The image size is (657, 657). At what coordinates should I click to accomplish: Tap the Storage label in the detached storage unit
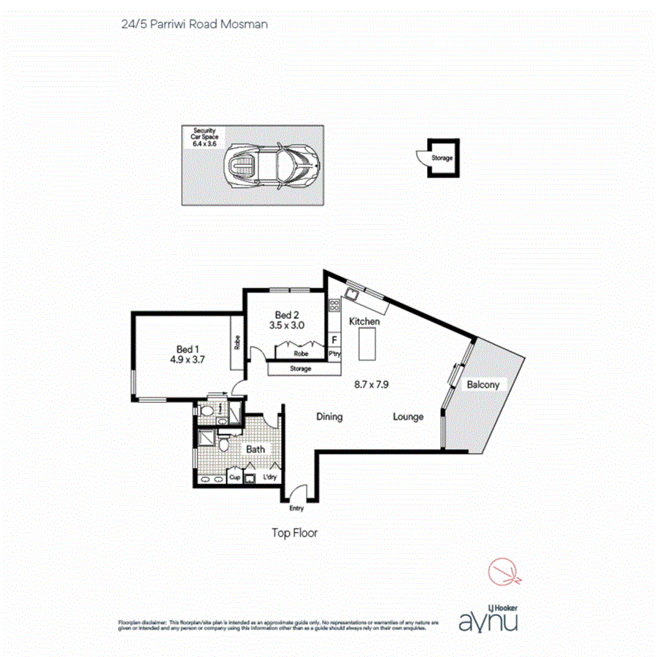click(x=442, y=158)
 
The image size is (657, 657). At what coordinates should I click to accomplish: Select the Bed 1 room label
click(x=188, y=349)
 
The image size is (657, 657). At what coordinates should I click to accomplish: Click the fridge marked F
click(x=335, y=339)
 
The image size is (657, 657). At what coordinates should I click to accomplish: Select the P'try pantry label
click(x=335, y=353)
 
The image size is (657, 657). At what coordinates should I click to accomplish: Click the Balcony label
click(x=483, y=385)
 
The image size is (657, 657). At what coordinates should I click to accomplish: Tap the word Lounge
click(x=408, y=417)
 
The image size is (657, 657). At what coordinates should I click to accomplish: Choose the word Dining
click(x=329, y=417)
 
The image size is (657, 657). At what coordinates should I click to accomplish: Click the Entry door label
click(x=296, y=509)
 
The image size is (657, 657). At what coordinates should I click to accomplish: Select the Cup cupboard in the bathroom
click(x=235, y=477)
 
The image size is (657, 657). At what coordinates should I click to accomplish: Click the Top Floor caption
click(x=294, y=533)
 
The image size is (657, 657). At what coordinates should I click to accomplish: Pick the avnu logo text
click(x=489, y=621)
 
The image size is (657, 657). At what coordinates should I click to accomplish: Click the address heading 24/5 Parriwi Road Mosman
click(x=194, y=24)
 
